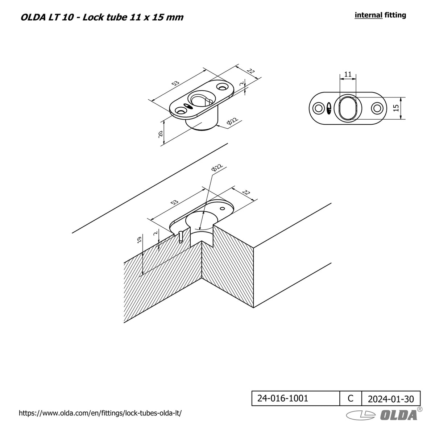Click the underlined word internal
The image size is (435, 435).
click(368, 15)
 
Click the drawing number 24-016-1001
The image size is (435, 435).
click(283, 398)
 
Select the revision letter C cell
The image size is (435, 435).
click(350, 398)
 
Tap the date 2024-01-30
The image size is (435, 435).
click(391, 399)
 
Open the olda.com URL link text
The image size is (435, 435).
click(100, 413)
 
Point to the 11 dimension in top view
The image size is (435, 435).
click(348, 74)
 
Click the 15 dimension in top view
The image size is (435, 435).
click(396, 108)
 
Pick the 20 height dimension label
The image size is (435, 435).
click(160, 134)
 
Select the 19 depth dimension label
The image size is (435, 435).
click(139, 240)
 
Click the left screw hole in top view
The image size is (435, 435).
click(319, 108)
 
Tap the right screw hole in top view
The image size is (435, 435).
click(377, 108)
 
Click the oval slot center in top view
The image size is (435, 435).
click(348, 108)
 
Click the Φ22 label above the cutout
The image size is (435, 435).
click(217, 167)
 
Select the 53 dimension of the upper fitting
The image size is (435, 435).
click(175, 83)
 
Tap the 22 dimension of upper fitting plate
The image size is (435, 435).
click(250, 71)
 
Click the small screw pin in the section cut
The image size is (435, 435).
click(181, 237)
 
